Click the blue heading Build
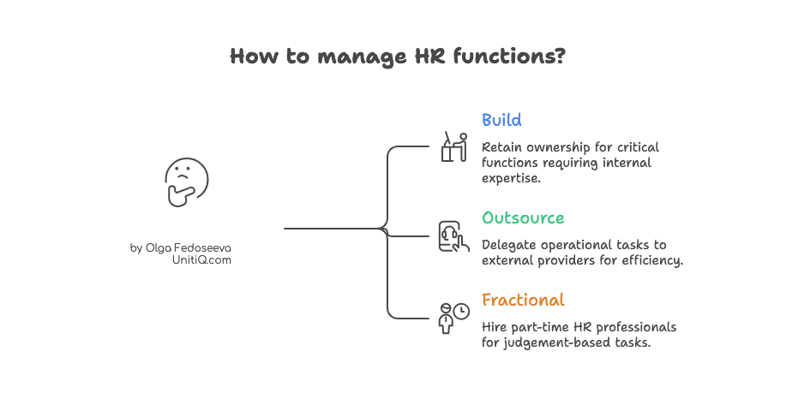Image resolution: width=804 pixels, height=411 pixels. (501, 120)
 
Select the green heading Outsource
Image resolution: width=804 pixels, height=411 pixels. (523, 217)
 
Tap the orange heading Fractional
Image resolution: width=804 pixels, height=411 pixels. (523, 301)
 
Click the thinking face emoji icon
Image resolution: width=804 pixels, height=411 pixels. (186, 182)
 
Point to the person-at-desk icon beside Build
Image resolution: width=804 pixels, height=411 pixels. (453, 146)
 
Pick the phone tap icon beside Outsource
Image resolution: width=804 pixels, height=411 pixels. (453, 236)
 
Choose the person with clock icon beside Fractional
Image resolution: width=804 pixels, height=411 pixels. (453, 318)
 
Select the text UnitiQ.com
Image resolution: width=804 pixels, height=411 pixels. (201, 260)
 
